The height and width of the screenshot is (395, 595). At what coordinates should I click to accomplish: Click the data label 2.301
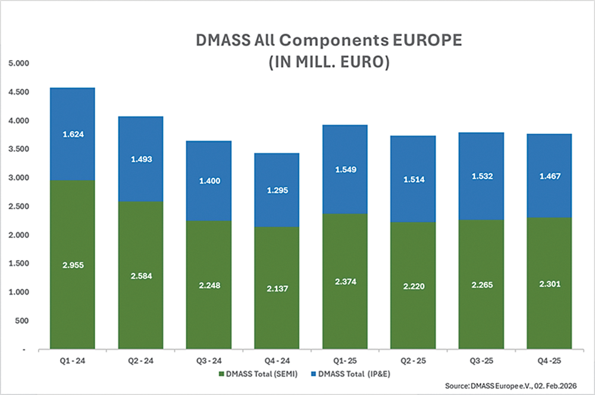(x=549, y=284)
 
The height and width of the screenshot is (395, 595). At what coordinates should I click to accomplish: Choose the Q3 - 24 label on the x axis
(x=209, y=360)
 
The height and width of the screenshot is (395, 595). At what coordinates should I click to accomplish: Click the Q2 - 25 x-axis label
(x=413, y=360)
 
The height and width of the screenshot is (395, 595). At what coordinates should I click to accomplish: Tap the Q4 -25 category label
(x=549, y=360)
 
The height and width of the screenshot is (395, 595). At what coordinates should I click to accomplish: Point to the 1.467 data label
(x=549, y=177)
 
